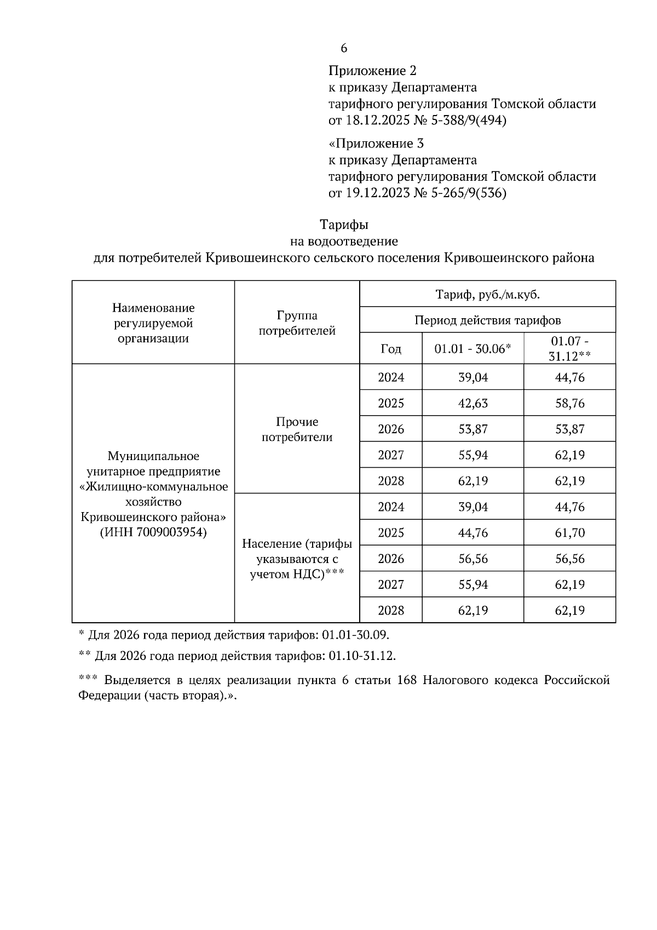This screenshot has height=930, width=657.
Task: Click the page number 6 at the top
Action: click(344, 48)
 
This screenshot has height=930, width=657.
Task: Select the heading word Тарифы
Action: click(344, 225)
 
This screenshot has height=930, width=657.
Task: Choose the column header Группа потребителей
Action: click(297, 323)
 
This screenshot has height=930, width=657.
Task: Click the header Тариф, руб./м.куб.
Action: click(487, 295)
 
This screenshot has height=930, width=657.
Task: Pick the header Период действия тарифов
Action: click(487, 320)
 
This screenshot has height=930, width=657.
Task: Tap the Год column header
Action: click(390, 349)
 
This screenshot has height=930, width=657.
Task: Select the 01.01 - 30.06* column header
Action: click(472, 349)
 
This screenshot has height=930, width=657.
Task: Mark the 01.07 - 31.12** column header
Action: click(569, 348)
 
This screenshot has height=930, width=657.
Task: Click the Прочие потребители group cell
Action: click(297, 429)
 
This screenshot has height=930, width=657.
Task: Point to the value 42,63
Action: click(472, 403)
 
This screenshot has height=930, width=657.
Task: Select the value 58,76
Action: click(569, 403)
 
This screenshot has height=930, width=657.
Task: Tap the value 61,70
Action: click(569, 532)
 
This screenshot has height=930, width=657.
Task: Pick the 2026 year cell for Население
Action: click(390, 559)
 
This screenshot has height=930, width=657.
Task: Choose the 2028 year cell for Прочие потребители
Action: click(390, 481)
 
